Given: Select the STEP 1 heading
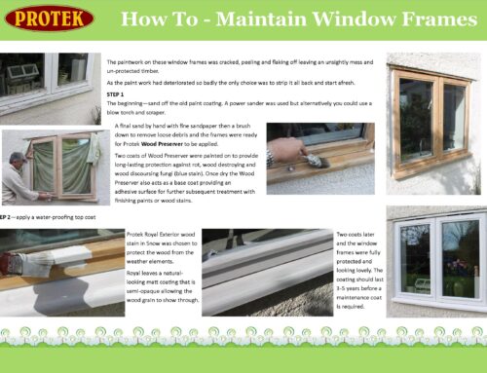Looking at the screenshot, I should [x=117, y=95].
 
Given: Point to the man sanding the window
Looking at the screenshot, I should [x=18, y=176].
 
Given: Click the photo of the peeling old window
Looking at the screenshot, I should [x=48, y=83].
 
